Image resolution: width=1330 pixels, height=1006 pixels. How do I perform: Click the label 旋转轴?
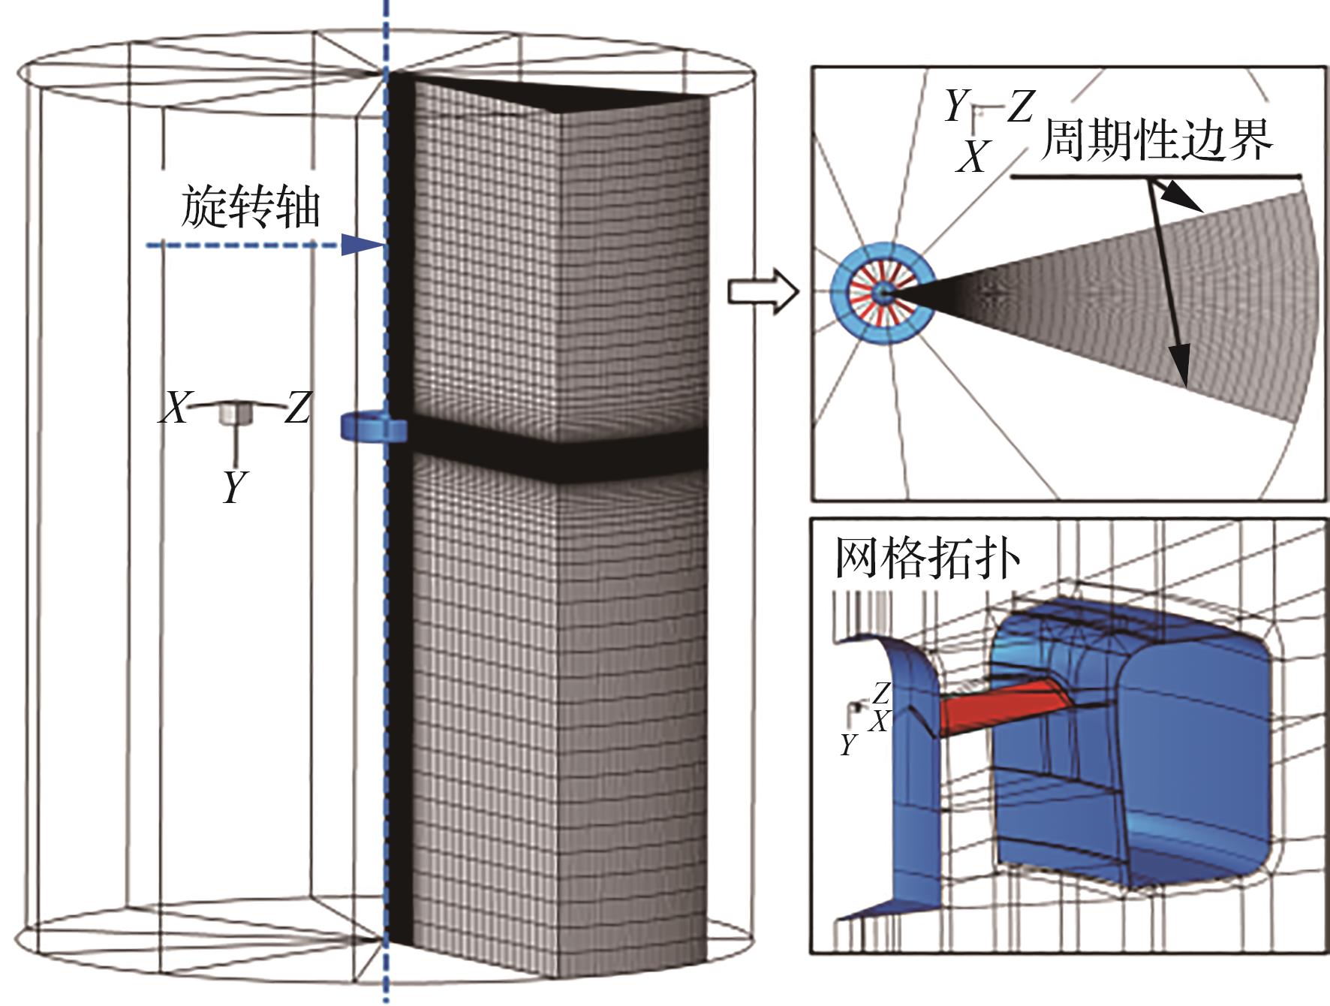point(251,208)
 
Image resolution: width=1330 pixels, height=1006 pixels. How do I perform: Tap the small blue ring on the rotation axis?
point(373,427)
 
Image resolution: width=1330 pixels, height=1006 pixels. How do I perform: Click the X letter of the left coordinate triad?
point(173,408)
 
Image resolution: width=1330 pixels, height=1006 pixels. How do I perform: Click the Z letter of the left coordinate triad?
point(297,408)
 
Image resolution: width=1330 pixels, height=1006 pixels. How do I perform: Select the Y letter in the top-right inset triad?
point(956,106)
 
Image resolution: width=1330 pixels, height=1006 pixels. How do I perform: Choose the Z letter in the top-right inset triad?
point(1020,106)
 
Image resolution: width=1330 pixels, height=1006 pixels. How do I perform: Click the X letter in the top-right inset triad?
point(973,157)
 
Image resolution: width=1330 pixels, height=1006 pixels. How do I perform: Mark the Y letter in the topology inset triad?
point(848,745)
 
